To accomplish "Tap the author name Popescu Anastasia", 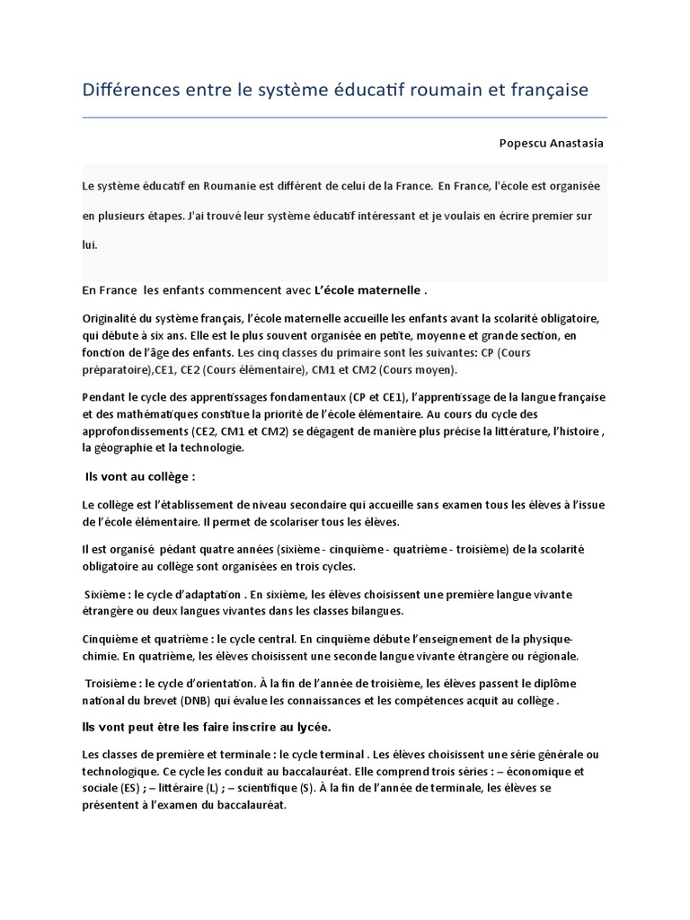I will coord(552,144).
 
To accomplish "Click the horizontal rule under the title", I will coord(344,118).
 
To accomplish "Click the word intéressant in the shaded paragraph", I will coord(373,217).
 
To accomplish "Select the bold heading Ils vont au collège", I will coord(139,476).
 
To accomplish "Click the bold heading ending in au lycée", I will coord(217,725).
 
